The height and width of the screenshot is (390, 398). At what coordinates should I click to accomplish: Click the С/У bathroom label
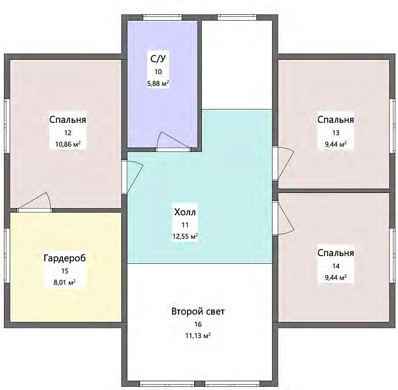tap(158, 59)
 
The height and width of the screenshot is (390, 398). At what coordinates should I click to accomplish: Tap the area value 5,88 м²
tap(158, 83)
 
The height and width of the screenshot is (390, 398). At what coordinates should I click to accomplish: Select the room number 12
tap(68, 133)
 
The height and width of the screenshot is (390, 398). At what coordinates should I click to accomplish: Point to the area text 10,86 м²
tap(68, 144)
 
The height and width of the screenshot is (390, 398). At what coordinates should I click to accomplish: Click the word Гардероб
tap(65, 258)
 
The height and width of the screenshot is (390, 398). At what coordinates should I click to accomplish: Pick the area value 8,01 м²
tap(65, 282)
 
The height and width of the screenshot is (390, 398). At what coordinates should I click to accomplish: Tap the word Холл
tap(185, 212)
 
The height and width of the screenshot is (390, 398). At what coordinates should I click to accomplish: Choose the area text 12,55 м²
tap(185, 237)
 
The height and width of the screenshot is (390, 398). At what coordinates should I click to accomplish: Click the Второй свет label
tap(198, 311)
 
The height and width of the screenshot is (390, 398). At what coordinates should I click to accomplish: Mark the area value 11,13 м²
tap(198, 335)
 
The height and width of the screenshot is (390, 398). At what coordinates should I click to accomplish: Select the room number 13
tap(336, 133)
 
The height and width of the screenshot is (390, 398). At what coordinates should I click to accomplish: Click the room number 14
tap(336, 266)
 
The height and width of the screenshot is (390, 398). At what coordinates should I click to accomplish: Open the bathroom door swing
tap(173, 142)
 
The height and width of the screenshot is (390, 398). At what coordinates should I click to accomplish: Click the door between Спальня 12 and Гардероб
tap(34, 202)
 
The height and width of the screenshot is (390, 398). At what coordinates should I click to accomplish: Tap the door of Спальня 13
tap(283, 163)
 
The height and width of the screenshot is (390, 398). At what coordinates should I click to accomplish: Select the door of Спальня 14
tap(283, 218)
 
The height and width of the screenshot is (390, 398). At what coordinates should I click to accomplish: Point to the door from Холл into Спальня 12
tap(132, 176)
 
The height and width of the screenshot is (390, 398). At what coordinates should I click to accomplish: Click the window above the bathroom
tap(162, 18)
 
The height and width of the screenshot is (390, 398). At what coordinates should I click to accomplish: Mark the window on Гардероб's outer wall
tap(7, 255)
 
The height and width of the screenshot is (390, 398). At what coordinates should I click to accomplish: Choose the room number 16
tap(198, 324)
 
